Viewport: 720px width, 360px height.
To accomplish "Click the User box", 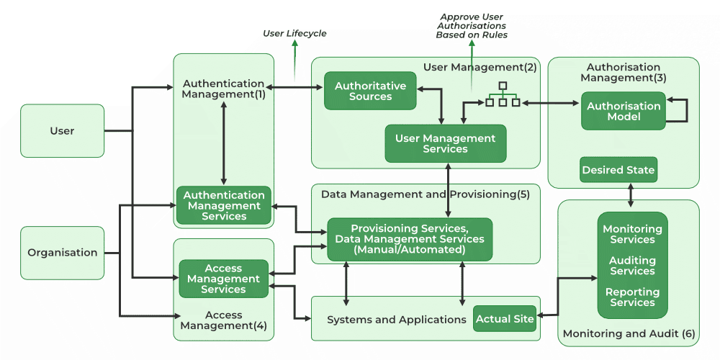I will pos(62,131).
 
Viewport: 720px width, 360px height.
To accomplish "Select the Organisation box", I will pos(62,253).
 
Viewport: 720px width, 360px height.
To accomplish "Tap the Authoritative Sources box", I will pos(370,91).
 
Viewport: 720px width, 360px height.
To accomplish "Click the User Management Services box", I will pos(445,143).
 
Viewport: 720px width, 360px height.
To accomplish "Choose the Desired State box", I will pos(618,170).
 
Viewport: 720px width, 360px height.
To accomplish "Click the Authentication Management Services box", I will pos(224,205).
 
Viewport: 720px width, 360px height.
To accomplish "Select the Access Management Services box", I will pos(223,279).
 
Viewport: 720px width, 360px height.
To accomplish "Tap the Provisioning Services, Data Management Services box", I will pos(410,239).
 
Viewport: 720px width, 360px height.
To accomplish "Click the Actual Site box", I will pos(505,319).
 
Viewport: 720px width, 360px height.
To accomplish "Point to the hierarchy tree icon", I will pos(503,96).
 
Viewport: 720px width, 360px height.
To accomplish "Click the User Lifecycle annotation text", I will pos(294,33).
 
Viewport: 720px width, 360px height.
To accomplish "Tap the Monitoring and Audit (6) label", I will pos(629,334).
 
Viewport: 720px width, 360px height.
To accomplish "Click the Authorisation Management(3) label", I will pos(624,72).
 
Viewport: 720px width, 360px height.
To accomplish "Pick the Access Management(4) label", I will pos(223,320).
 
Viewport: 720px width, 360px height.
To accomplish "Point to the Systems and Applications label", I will pos(397,319).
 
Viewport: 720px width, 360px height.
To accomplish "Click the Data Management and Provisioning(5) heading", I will pos(425,194).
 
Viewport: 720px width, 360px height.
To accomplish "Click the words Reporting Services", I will pos(632,297).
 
